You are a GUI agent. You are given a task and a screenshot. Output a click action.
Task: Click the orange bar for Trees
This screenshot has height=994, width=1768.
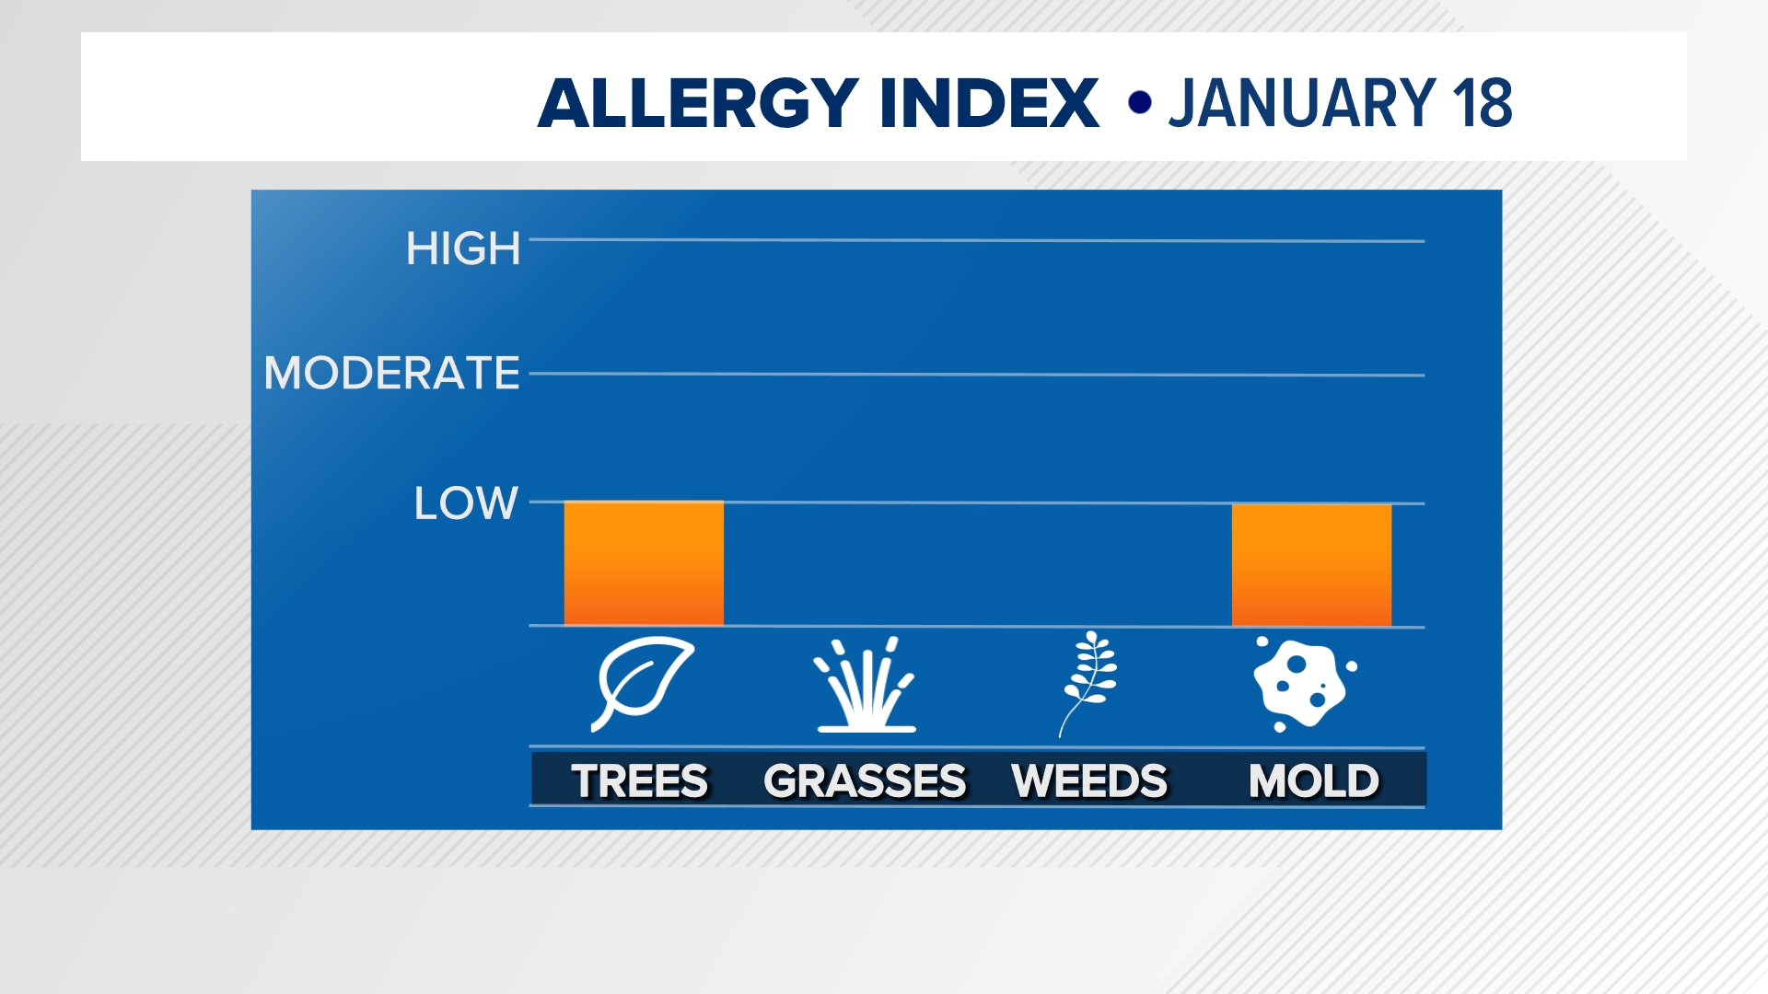click(x=644, y=563)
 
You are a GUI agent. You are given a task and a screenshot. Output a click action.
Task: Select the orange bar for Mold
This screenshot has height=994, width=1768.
click(x=1311, y=565)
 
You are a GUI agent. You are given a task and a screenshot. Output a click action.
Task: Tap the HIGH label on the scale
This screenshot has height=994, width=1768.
click(x=463, y=248)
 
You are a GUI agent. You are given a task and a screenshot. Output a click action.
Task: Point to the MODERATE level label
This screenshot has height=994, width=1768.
click(x=392, y=373)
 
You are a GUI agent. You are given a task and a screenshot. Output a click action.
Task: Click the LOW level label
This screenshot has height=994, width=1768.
click(x=466, y=503)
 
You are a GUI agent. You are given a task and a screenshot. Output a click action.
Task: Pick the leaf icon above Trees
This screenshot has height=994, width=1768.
click(x=644, y=682)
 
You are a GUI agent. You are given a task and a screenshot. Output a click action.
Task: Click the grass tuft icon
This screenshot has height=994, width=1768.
click(x=866, y=685)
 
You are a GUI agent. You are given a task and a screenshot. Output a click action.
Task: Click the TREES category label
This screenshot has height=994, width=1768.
click(x=640, y=781)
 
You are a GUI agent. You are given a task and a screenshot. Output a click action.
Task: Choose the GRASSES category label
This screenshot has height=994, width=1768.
click(x=865, y=781)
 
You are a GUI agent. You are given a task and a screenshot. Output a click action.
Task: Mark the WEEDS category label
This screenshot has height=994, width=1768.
click(x=1089, y=781)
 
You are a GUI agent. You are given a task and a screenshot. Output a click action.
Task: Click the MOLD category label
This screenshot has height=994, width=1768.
click(x=1314, y=781)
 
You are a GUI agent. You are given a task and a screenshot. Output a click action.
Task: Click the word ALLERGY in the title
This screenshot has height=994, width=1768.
click(x=699, y=103)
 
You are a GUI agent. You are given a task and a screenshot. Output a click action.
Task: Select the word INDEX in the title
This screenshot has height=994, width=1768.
click(x=989, y=103)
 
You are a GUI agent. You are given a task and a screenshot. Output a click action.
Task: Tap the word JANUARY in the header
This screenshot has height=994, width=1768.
click(x=1302, y=103)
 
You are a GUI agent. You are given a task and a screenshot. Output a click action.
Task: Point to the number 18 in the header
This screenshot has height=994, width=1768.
click(x=1482, y=103)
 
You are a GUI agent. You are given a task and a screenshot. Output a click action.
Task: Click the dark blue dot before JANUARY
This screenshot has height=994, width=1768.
click(x=1140, y=102)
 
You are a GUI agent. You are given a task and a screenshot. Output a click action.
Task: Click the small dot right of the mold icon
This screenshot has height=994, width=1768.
click(x=1352, y=665)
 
